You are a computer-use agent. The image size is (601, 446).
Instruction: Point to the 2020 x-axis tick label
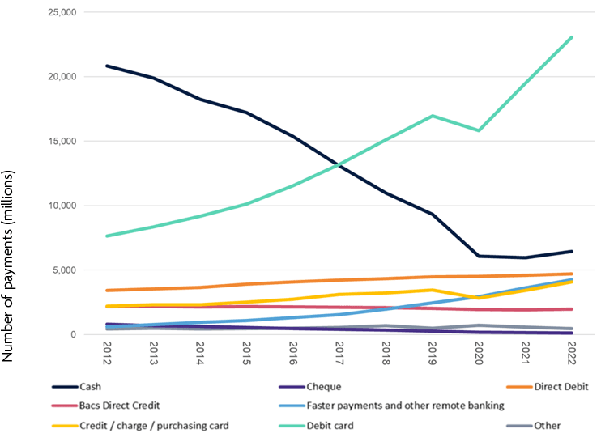[x=479, y=353]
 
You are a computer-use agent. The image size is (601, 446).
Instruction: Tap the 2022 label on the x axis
[x=572, y=353]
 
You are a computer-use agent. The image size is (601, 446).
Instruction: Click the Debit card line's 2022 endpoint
[x=572, y=37]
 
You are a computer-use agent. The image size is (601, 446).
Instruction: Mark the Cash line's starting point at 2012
[x=107, y=66]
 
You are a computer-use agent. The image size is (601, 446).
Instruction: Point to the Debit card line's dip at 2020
[x=479, y=130]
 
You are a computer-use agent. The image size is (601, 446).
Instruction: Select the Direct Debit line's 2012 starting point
[x=107, y=290]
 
